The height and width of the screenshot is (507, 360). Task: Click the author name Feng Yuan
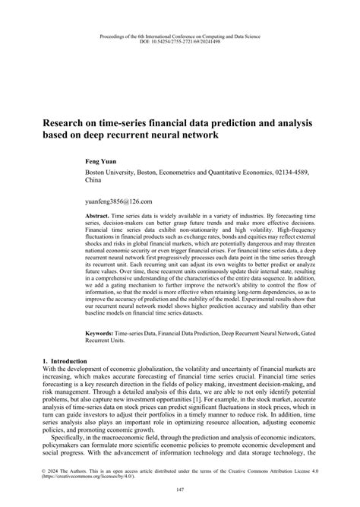(x=102, y=162)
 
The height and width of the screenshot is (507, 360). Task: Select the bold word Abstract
(x=99, y=217)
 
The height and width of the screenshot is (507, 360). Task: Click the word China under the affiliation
(x=93, y=182)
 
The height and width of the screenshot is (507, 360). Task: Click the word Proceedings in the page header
(x=115, y=33)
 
